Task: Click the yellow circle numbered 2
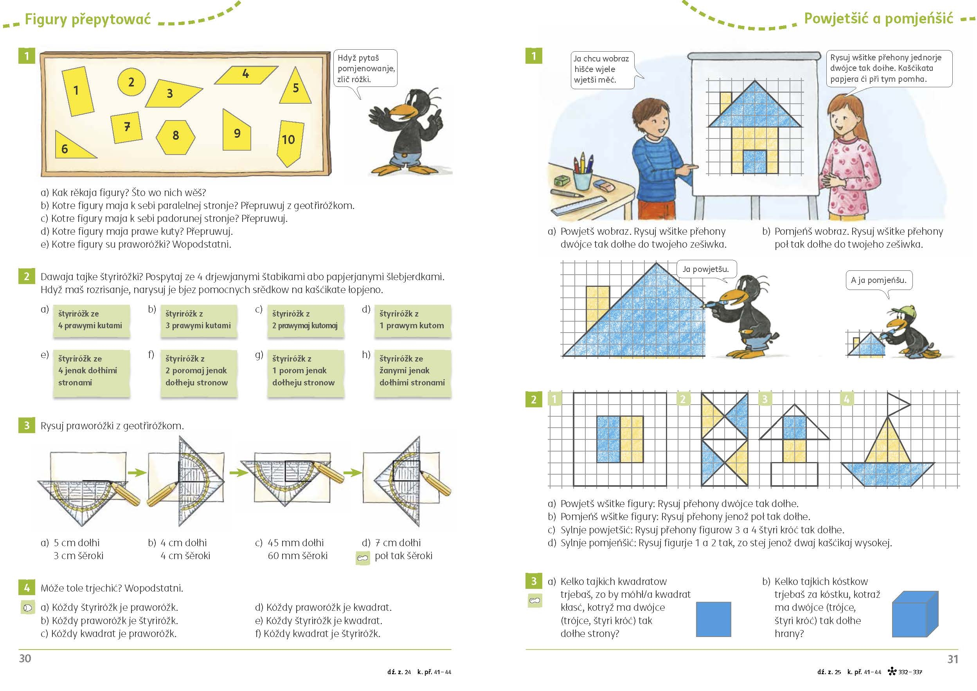click(131, 81)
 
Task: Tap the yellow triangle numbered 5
click(295, 86)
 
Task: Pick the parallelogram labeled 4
click(246, 75)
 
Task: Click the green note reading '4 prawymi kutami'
click(92, 320)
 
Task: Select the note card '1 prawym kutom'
click(413, 320)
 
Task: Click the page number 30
click(25, 658)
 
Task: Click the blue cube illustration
click(915, 614)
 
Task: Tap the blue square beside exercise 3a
click(714, 619)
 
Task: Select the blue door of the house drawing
click(755, 162)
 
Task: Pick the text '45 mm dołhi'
click(296, 543)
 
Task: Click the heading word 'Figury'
click(46, 20)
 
